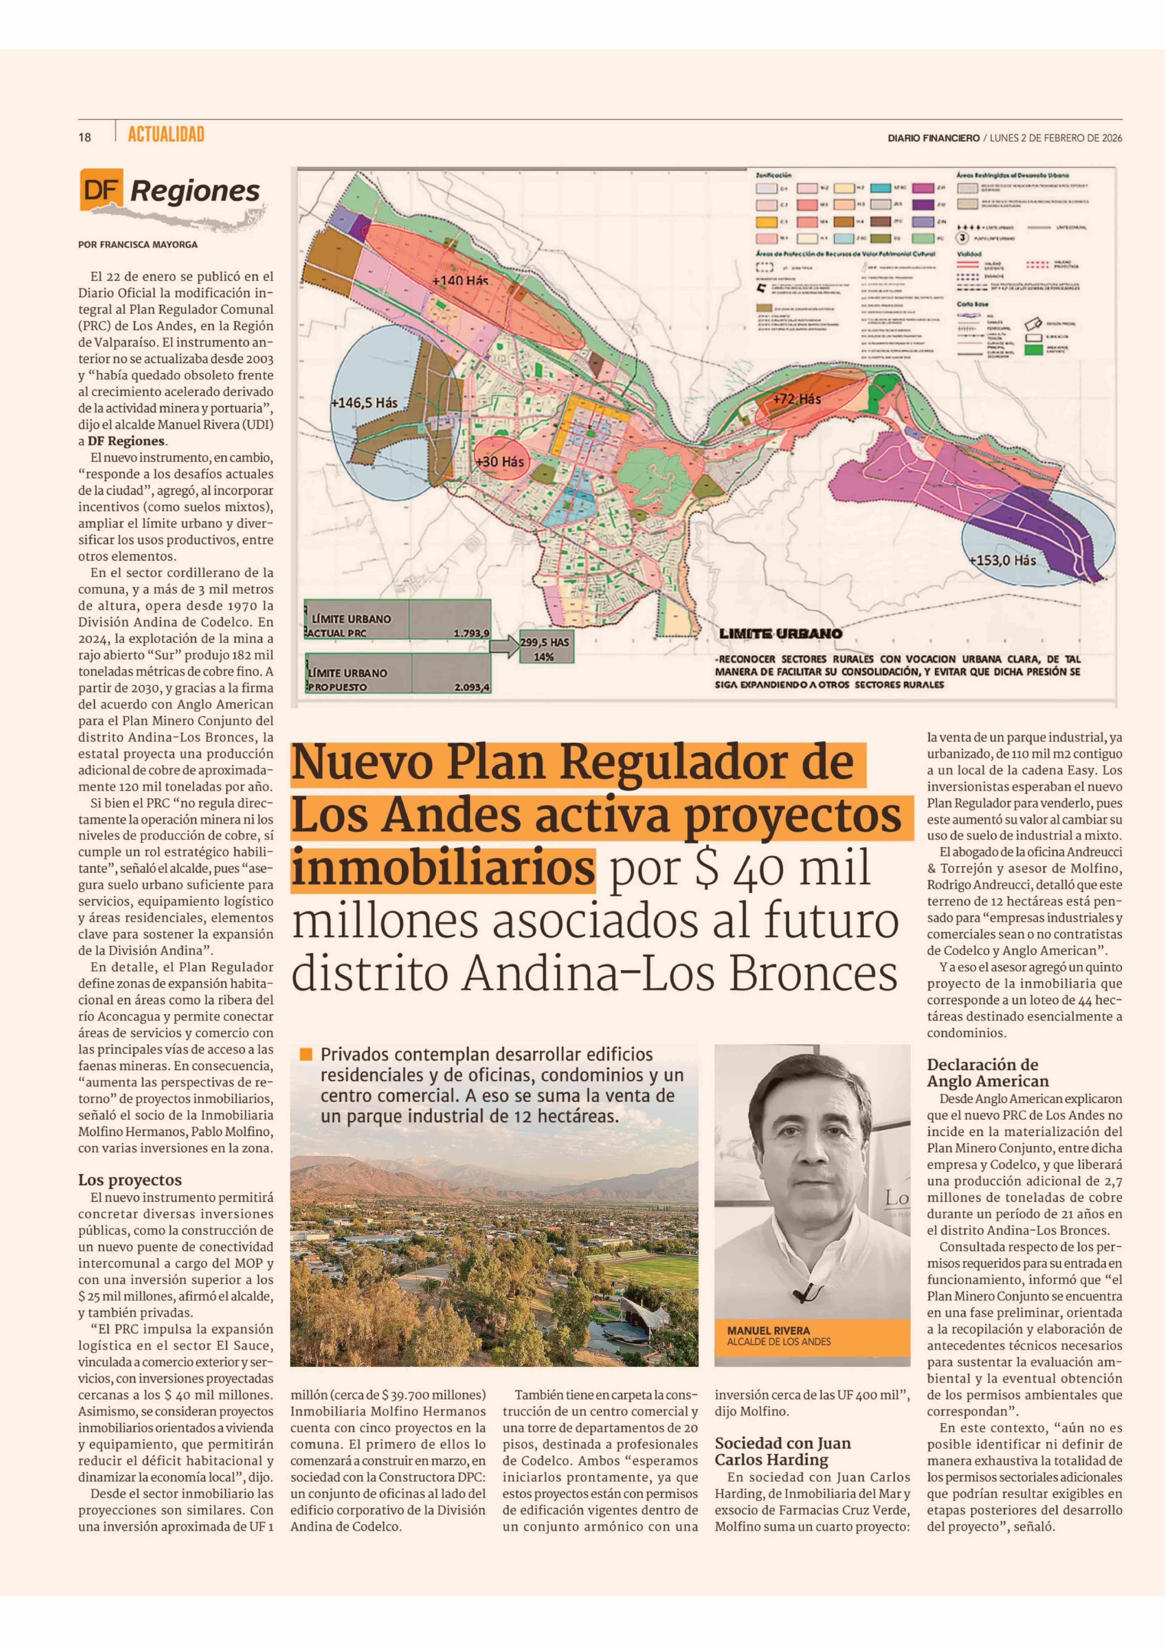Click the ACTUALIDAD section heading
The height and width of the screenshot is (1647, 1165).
tap(166, 135)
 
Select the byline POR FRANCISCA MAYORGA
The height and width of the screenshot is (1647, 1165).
tap(138, 245)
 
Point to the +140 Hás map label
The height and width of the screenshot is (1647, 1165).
tap(460, 281)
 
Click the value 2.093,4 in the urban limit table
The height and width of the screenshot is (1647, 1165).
tap(471, 687)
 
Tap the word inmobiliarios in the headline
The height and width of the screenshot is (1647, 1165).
tap(443, 867)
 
